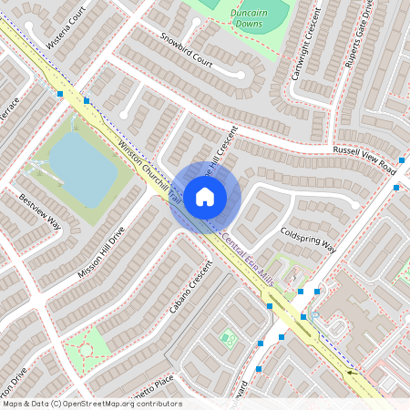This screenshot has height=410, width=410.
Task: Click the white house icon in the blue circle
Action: point(205,196)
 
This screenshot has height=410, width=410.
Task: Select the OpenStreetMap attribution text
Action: point(91,404)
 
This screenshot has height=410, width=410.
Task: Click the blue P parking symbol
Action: point(314,315)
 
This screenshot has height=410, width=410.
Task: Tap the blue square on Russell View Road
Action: point(396,187)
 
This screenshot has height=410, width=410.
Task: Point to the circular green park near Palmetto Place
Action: point(86,349)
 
